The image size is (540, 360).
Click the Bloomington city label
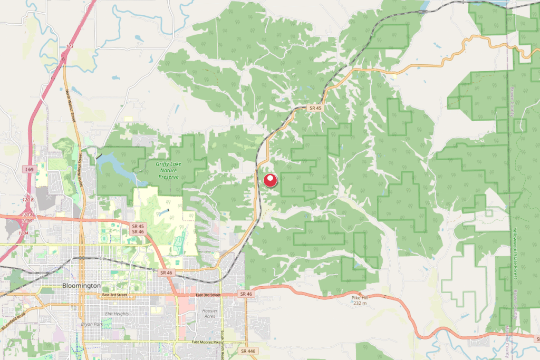(81, 285)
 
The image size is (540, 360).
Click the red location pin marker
(271, 180)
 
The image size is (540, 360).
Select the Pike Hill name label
(360, 298)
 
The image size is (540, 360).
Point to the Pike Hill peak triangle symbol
(360, 293)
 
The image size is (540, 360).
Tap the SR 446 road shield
(247, 351)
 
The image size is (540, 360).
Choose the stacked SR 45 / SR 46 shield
(138, 229)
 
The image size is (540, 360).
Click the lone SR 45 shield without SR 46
(315, 108)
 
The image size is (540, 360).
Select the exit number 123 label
(70, 47)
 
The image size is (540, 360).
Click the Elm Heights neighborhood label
(117, 314)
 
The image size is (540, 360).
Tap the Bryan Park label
(91, 324)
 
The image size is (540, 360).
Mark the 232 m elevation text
(360, 303)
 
